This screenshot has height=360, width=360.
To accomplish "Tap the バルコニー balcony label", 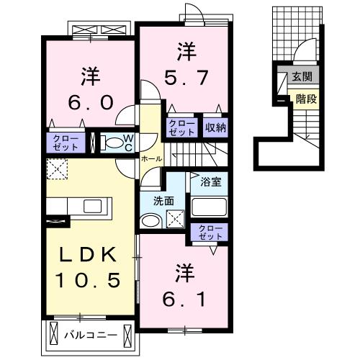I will click(x=90, y=334).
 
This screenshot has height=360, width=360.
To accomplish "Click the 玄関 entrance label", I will click(x=301, y=76).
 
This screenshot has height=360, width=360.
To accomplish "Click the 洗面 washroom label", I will click(x=162, y=201).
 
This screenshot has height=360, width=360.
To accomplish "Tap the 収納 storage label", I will click(x=215, y=127).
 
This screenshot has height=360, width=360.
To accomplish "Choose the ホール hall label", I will click(x=150, y=158).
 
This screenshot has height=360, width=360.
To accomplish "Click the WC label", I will click(x=127, y=143).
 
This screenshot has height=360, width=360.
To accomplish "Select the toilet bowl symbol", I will click(x=109, y=142).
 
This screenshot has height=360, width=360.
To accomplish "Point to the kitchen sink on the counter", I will click(x=94, y=207).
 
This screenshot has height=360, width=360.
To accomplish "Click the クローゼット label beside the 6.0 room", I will click(x=65, y=142).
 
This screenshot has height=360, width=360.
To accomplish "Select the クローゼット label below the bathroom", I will click(x=211, y=232).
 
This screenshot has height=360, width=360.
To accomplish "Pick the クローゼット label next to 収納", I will click(x=182, y=127).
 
